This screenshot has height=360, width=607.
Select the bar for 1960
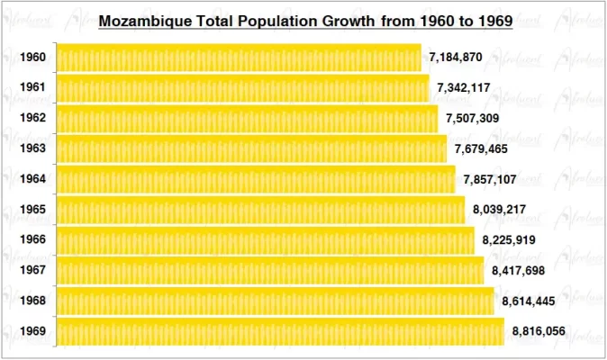tap(239, 58)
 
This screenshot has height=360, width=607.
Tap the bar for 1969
tap(280, 331)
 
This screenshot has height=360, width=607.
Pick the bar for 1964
tap(256, 179)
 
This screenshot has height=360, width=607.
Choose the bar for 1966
tap(265, 240)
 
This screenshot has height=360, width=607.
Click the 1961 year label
tap(33, 88)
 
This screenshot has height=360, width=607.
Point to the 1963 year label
tap(33, 148)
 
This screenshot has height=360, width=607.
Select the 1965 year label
tap(33, 210)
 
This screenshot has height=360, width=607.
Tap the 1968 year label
tap(33, 301)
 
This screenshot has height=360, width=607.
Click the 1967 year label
tap(33, 270)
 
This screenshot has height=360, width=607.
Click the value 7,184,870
tap(456, 58)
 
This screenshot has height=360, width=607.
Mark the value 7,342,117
tap(464, 88)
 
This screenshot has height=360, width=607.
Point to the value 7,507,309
tap(473, 119)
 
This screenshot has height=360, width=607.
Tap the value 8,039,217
tap(500, 210)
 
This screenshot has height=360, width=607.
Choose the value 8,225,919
tap(509, 240)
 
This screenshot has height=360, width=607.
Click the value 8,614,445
tap(529, 301)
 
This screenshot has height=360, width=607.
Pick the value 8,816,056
tap(539, 331)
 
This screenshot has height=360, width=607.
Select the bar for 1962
tap(247, 119)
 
